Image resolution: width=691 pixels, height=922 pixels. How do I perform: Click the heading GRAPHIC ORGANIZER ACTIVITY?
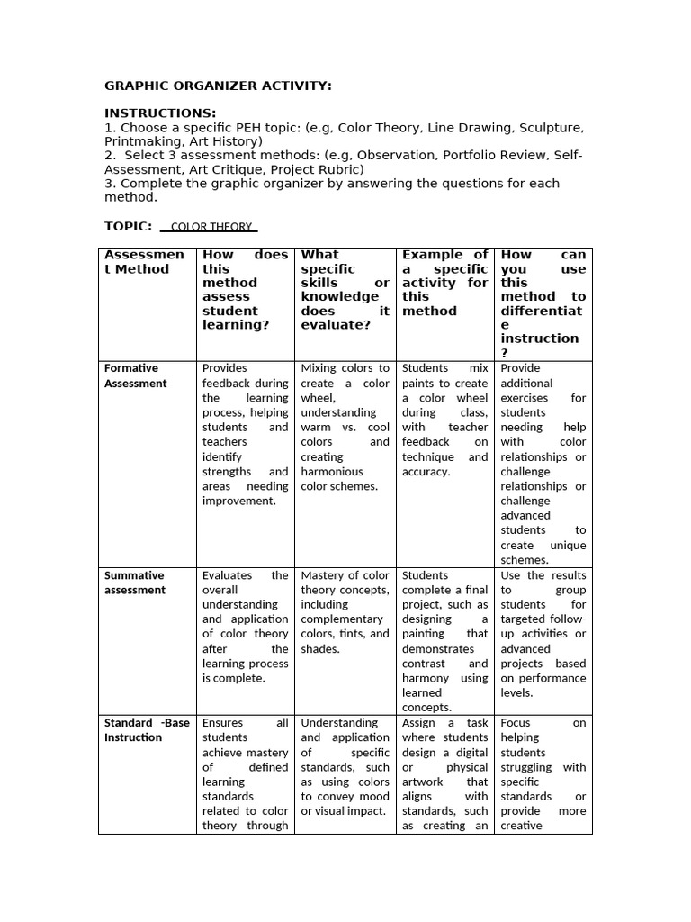pos(218,86)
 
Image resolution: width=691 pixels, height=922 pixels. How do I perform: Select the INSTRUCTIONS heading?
pos(160,113)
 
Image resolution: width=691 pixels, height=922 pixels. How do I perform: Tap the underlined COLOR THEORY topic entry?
pos(211,227)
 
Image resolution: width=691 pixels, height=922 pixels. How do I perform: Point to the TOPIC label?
pos(128,226)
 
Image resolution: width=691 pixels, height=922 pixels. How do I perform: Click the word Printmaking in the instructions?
pos(140,141)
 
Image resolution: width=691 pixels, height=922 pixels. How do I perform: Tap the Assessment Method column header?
pos(144,261)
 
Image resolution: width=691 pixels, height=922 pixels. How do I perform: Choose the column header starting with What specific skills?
pos(345,289)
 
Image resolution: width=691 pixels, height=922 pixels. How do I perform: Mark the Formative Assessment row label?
pos(135,375)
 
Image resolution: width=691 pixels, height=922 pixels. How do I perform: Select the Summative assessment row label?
pos(134,583)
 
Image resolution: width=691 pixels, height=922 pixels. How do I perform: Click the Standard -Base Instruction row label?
pos(147,730)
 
